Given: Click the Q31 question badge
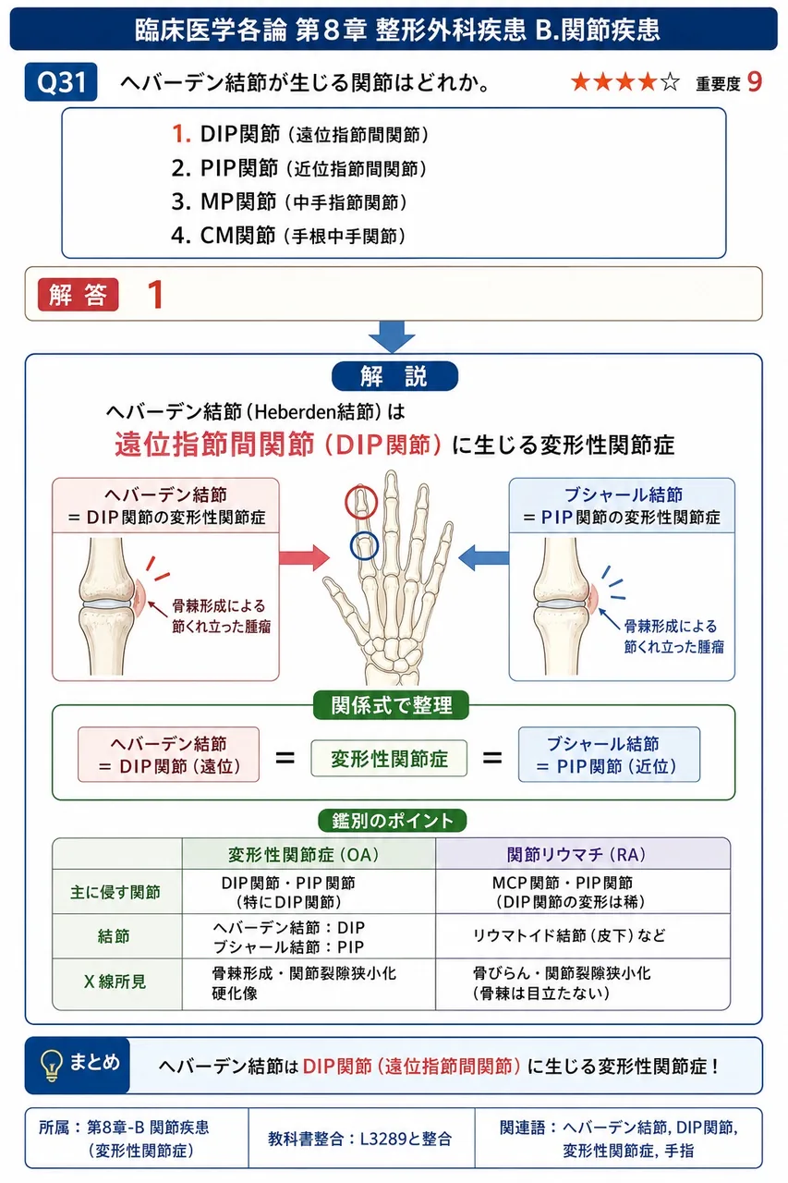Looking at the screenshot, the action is tap(61, 82).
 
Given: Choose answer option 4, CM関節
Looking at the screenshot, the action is tap(288, 236).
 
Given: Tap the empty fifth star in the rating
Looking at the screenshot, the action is tap(670, 82).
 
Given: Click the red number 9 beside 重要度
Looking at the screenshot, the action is tap(755, 82).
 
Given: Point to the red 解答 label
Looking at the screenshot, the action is tap(79, 294).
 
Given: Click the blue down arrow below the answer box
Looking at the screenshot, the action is tap(392, 336).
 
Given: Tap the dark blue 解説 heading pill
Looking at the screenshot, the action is tap(394, 376).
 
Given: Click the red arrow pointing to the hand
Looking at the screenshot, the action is tap(304, 557).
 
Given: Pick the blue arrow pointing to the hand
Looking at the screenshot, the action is tap(483, 557).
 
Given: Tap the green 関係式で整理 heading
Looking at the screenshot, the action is tap(391, 705).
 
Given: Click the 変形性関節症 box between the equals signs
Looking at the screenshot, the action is tap(389, 759).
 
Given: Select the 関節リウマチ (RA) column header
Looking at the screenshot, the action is tap(576, 854).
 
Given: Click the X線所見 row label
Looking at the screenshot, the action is tap(115, 982).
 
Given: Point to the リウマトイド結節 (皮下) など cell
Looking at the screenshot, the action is tap(569, 936).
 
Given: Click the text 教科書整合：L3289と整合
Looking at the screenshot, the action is tap(359, 1139).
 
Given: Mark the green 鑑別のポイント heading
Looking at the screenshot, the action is tap(393, 820).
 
